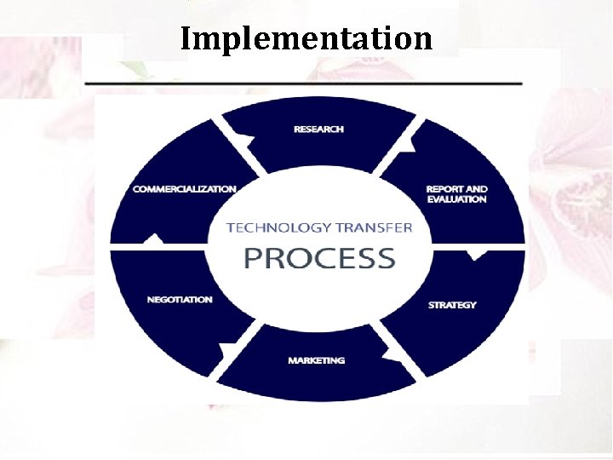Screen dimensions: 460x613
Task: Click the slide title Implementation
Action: click(306, 38)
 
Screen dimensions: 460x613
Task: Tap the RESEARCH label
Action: click(318, 129)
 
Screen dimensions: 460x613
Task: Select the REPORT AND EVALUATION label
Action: click(456, 194)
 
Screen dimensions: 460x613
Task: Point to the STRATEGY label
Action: click(452, 305)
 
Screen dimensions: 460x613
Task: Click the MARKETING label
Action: click(316, 360)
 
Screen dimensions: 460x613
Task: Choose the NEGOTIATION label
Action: click(180, 300)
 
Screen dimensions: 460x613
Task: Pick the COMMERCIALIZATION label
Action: click(185, 188)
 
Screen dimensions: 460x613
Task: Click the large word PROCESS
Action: click(319, 258)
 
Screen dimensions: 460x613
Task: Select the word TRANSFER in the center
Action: click(374, 227)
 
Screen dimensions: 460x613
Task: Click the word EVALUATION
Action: click(456, 199)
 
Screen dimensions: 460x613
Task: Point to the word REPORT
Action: click(444, 189)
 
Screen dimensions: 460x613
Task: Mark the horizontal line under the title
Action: click(304, 83)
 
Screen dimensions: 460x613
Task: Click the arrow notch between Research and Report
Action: click(408, 146)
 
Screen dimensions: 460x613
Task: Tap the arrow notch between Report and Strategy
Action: click(477, 254)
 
